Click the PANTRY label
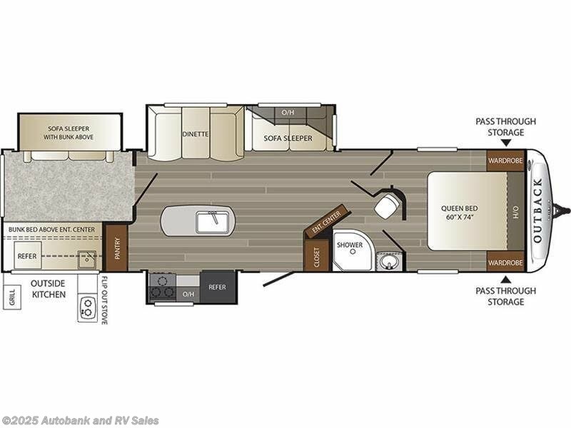pyautogui.click(x=116, y=248)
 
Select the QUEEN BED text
pyautogui.click(x=460, y=213)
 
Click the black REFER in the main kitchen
pyautogui.click(x=217, y=287)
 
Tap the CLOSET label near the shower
pyautogui.click(x=317, y=258)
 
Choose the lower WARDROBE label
pyautogui.click(x=505, y=263)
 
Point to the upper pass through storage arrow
pyautogui.click(x=505, y=144)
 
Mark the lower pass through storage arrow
pyautogui.click(x=505, y=278)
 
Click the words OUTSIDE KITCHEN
pyautogui.click(x=49, y=289)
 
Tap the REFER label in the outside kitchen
pyautogui.click(x=28, y=255)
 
